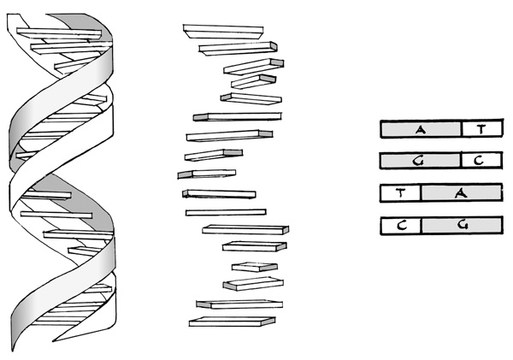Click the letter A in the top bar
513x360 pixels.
(x=421, y=130)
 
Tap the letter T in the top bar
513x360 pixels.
(x=481, y=130)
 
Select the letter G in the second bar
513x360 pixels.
(x=418, y=161)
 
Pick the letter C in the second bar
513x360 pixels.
(x=479, y=161)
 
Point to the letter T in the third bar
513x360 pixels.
(x=401, y=192)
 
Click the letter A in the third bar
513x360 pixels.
(x=461, y=193)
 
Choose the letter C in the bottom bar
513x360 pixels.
(x=402, y=226)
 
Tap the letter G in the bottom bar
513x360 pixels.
(x=462, y=225)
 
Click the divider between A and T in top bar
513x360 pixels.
(x=462, y=128)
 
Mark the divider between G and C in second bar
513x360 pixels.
(x=460, y=161)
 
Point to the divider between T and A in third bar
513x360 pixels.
(x=421, y=192)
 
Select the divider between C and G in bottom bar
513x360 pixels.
(x=421, y=225)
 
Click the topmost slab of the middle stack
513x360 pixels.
(x=223, y=32)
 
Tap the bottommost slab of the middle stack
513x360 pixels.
(x=232, y=322)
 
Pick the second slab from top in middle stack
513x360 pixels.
(x=239, y=49)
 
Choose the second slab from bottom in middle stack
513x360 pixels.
(x=239, y=304)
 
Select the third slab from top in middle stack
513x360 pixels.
(x=254, y=67)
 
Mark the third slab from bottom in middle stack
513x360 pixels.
(x=253, y=284)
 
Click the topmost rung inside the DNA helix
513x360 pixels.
(x=59, y=33)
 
